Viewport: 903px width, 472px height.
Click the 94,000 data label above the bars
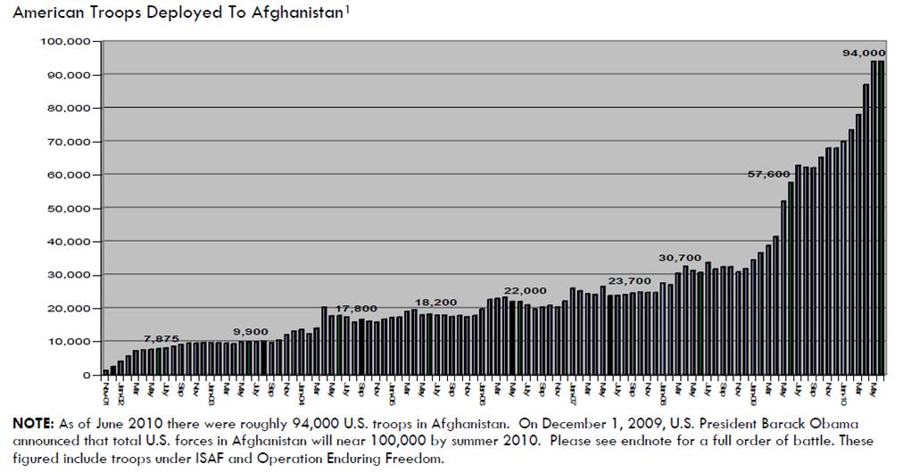(x=864, y=54)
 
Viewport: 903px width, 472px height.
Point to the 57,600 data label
(x=768, y=174)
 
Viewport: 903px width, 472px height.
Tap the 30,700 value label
(x=680, y=258)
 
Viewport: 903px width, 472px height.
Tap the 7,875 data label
(x=162, y=339)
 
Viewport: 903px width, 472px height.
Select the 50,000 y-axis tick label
(x=70, y=208)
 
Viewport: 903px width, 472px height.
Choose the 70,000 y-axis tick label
(x=70, y=142)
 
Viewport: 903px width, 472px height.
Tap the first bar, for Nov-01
(x=106, y=371)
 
